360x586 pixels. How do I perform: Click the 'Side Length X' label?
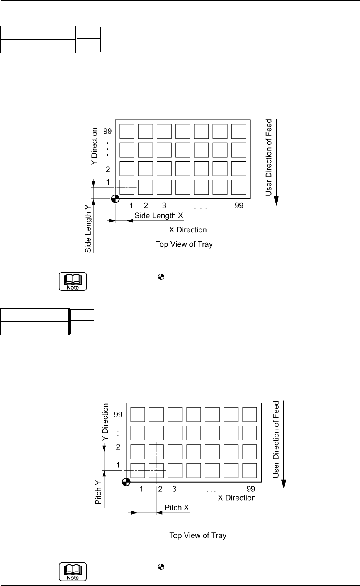(159, 216)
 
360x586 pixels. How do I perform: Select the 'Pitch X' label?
(177, 507)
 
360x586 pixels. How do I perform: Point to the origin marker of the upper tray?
(115, 199)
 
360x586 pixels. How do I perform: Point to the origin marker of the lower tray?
(126, 482)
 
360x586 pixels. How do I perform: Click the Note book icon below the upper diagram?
(73, 281)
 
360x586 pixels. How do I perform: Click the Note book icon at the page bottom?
(73, 572)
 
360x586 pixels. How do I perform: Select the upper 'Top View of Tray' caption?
(184, 244)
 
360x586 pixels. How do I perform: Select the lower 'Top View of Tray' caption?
(198, 535)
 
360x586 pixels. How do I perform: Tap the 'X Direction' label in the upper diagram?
(188, 230)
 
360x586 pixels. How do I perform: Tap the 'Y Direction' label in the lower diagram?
(105, 422)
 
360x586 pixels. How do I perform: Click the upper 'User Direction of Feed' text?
(269, 158)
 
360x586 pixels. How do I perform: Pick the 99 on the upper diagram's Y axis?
(107, 131)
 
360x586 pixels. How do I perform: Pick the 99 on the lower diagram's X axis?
(251, 489)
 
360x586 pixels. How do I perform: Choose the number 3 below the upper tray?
(164, 205)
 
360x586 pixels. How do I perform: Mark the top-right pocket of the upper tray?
(239, 131)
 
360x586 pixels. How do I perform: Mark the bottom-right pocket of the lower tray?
(250, 470)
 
